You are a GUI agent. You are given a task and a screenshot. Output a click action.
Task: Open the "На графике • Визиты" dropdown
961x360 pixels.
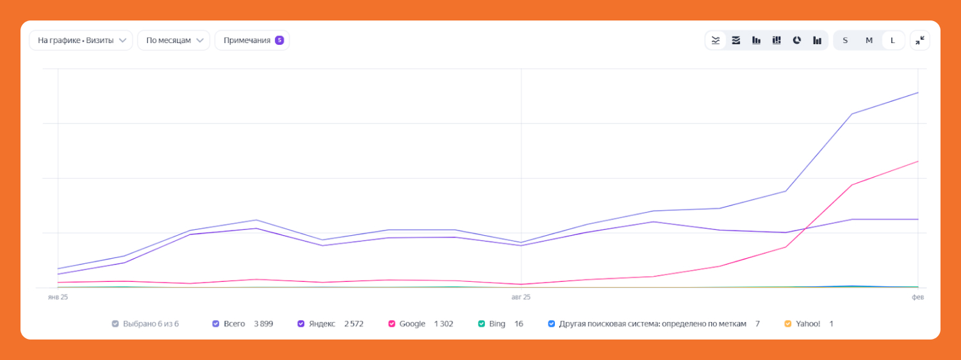point(81,40)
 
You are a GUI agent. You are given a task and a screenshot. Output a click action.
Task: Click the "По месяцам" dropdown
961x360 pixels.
point(174,40)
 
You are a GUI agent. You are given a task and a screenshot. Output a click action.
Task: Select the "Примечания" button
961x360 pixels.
point(247,40)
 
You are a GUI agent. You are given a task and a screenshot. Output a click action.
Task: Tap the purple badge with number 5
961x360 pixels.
point(279,40)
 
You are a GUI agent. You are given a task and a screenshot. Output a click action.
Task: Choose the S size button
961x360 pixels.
point(845,40)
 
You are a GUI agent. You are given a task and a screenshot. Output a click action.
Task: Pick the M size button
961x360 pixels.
point(869,40)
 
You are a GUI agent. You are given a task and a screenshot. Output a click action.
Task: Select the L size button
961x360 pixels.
point(893,40)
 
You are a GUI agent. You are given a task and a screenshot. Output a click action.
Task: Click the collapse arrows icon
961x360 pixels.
point(920,40)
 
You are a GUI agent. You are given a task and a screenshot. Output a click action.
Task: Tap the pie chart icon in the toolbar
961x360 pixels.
point(797,40)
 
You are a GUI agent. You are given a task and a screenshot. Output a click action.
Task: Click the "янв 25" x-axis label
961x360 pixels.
point(58,297)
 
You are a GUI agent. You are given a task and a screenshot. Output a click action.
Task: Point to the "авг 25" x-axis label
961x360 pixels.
point(521,297)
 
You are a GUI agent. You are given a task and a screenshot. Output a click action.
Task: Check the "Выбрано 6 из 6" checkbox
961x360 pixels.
point(115,324)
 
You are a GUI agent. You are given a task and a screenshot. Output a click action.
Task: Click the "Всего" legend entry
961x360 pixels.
point(234,324)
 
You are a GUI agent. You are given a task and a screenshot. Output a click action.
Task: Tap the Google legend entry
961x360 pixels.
point(412,324)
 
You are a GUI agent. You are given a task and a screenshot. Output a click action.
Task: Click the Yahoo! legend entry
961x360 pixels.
point(807,324)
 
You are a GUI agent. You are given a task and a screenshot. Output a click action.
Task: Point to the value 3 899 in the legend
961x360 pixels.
point(263,324)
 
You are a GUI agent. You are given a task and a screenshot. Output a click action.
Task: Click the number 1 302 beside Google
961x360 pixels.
point(443,324)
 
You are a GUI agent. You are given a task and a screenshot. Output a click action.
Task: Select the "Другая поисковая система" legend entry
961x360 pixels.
point(652,324)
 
